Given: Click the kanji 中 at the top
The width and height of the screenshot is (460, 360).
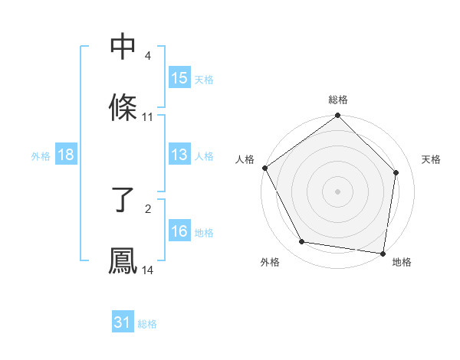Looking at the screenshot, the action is tap(123, 47).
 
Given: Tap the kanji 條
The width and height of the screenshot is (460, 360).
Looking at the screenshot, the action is tap(123, 108).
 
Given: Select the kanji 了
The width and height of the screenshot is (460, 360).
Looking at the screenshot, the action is tap(123, 200).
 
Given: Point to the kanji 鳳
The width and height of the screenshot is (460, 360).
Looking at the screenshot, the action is tap(123, 260).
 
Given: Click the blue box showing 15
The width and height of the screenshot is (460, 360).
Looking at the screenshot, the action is tap(179, 78).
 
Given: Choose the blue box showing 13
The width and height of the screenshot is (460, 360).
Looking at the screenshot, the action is tap(179, 155).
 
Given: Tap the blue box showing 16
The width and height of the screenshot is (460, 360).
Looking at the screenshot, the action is tap(179, 231).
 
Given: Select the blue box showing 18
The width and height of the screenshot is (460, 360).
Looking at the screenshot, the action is tap(66, 155).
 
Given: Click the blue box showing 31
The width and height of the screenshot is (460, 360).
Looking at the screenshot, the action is tap(123, 322).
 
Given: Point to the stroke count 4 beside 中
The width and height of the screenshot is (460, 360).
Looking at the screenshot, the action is tap(148, 57).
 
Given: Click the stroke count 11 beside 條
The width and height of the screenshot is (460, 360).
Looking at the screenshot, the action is tap(148, 117).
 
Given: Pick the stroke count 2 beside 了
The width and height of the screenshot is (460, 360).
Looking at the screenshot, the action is tap(148, 208).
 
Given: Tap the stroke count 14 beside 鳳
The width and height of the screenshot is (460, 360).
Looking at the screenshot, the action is tap(148, 270).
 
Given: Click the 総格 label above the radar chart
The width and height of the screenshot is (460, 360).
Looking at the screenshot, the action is tap(338, 100).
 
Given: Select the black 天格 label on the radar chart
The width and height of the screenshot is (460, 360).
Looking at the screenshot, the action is tap(431, 159).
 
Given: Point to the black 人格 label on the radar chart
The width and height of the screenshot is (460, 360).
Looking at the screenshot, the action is tap(245, 159).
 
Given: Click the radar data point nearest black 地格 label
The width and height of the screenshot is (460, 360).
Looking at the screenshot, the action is tap(383, 253).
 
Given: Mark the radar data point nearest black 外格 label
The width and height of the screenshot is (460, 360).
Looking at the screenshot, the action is tap(302, 243).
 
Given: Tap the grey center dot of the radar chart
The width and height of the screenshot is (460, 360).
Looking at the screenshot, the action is tap(338, 191).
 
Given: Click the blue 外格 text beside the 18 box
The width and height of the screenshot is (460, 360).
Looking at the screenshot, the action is tap(41, 155).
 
